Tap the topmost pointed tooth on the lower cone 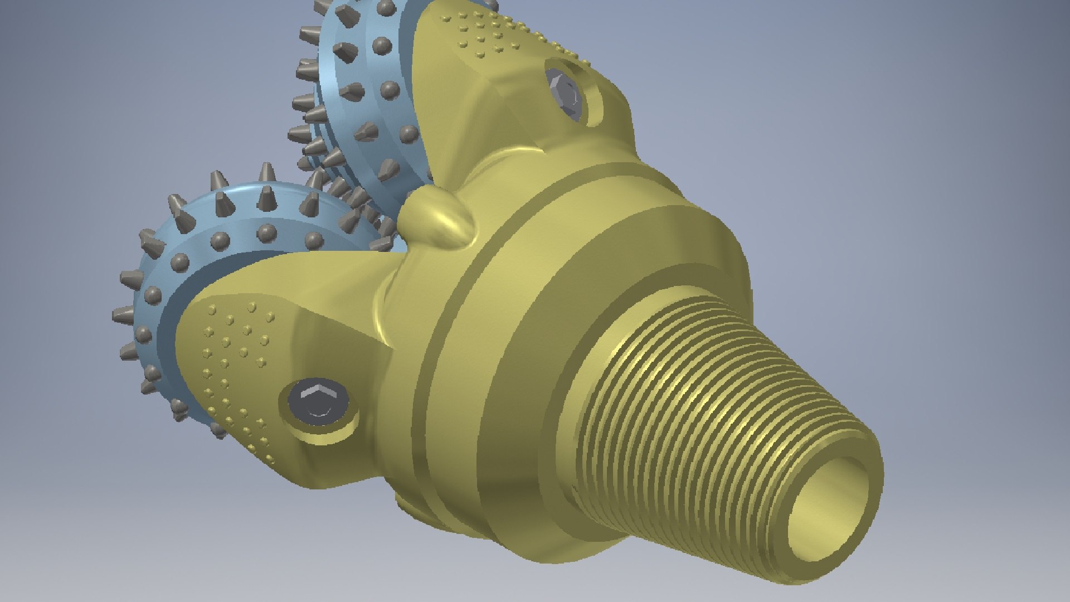[x=266, y=173]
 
